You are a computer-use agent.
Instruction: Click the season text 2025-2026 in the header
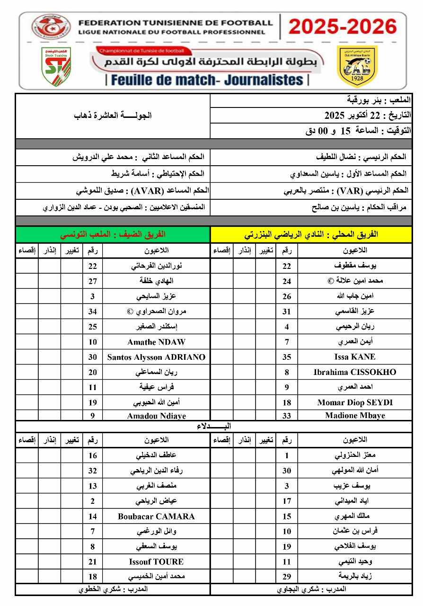click(x=343, y=27)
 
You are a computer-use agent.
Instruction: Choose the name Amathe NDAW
click(x=156, y=342)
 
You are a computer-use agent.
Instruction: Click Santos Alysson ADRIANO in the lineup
click(x=156, y=357)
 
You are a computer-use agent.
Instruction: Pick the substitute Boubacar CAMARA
click(x=156, y=517)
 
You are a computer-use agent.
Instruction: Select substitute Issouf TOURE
click(x=156, y=562)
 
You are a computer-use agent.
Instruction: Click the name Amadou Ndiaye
click(x=156, y=416)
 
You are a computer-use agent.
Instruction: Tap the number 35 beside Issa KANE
click(x=287, y=357)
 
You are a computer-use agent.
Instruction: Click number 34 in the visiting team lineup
click(x=93, y=312)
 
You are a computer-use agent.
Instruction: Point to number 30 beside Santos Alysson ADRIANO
click(x=93, y=357)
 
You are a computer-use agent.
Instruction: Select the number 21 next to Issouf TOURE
click(x=93, y=562)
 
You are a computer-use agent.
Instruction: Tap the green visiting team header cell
click(x=113, y=234)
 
